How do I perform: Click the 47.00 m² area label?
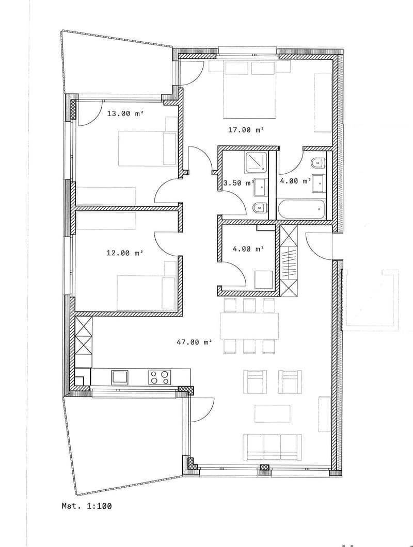194,342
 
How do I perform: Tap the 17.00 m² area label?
246,130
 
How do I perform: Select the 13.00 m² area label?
125,113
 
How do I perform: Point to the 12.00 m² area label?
125,253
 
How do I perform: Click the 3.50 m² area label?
239,183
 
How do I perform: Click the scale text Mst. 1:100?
87,505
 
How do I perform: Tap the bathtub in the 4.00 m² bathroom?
301,209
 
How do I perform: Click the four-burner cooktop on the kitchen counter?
160,377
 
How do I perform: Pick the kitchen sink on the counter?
121,377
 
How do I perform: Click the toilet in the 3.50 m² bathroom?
260,208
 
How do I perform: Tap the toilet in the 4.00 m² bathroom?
319,162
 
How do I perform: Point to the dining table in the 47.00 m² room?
249,326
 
